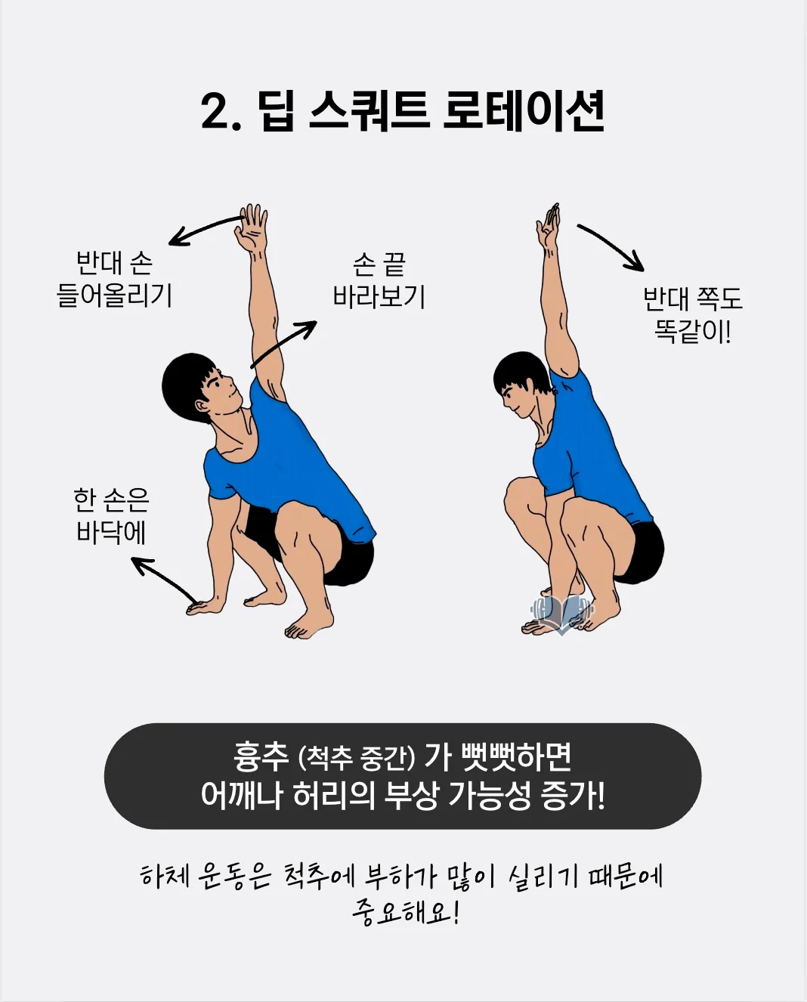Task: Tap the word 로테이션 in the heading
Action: point(523,111)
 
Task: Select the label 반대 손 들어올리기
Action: point(115,279)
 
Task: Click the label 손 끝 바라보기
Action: point(379,280)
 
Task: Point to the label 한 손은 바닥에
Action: point(111,515)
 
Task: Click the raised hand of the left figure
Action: point(252,227)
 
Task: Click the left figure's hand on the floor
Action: point(205,606)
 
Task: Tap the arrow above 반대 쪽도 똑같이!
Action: point(611,246)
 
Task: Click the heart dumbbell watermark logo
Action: point(561,613)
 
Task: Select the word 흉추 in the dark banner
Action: point(261,756)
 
